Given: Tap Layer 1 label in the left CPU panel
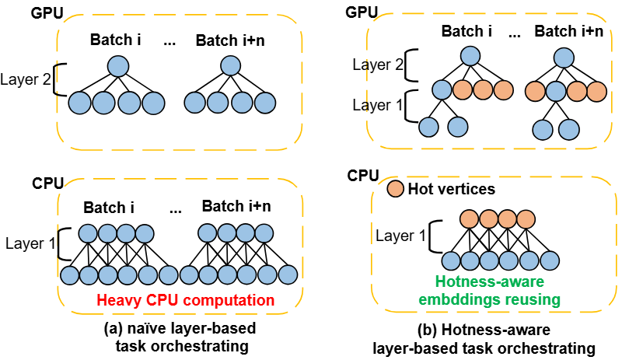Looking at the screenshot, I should (29, 243).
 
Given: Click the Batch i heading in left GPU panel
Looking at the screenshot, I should (115, 40).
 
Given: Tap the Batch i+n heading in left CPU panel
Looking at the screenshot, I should (235, 207).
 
